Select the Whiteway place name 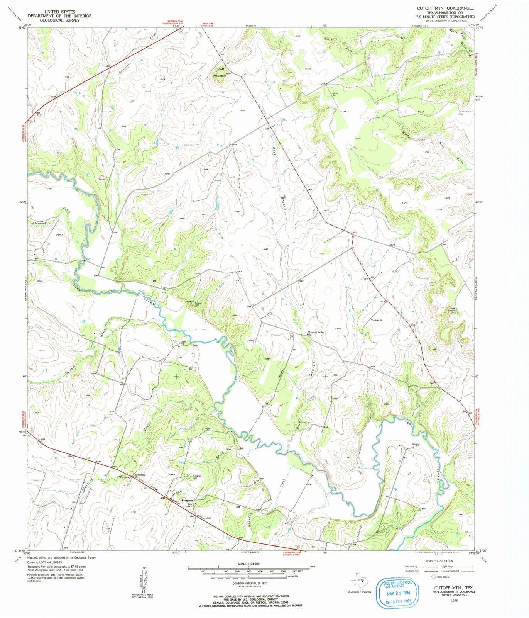(x=125, y=477)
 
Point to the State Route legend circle (x=434, y=577)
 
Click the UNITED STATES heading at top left (x=59, y=12)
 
